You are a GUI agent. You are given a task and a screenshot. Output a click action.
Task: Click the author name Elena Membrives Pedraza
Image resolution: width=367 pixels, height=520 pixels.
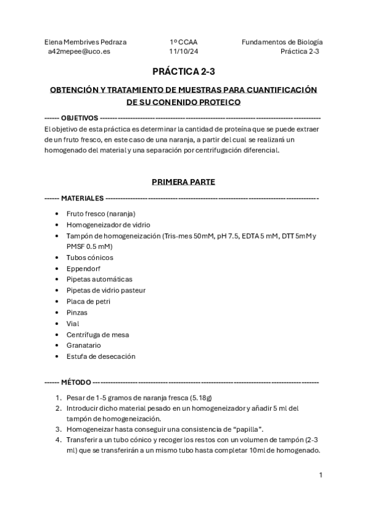tap(86, 42)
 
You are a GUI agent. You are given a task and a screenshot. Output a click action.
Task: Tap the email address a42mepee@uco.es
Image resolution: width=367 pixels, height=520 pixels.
tap(79, 52)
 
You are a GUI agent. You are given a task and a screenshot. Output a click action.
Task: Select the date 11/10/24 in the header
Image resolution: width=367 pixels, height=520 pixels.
tap(183, 52)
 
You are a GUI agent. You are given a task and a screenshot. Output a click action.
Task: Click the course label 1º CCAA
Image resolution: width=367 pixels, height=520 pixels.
tap(184, 42)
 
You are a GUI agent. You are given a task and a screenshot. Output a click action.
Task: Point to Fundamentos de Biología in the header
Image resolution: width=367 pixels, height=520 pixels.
tap(282, 42)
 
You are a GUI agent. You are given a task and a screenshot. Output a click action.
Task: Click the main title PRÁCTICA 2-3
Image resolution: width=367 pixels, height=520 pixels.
tap(183, 72)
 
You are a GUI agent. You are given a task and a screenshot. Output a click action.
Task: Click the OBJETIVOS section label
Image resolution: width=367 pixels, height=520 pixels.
tap(80, 117)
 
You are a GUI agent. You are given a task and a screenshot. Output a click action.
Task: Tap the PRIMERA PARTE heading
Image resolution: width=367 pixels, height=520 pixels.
tap(183, 182)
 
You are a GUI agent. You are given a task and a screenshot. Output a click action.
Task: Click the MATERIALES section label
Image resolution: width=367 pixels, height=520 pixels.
tap(83, 199)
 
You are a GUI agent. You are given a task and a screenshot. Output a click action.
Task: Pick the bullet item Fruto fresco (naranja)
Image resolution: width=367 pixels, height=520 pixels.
tap(101, 214)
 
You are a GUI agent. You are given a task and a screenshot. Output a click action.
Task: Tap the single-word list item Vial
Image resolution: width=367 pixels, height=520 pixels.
tap(73, 323)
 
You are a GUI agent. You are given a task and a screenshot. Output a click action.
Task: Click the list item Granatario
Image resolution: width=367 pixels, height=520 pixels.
tap(84, 345)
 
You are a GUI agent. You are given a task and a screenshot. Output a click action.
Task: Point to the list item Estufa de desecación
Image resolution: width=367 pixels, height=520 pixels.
tap(101, 356)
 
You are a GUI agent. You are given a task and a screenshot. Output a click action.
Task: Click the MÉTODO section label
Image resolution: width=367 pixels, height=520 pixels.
tap(76, 382)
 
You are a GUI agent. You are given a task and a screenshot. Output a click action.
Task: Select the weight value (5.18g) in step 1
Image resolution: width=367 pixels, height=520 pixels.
tap(202, 397)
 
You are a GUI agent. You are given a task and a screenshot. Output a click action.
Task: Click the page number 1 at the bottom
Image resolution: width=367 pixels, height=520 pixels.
tap(320, 475)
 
